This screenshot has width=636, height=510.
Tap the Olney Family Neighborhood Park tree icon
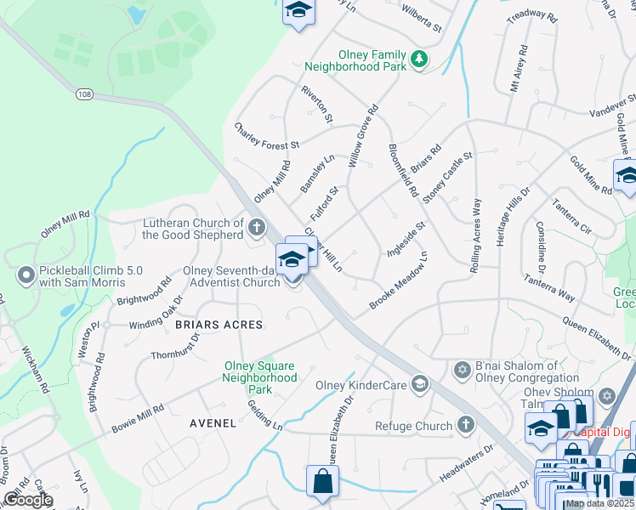click(x=418, y=59)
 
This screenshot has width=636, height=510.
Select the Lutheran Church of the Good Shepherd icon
click(x=256, y=227)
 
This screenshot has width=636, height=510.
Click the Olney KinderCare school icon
click(x=418, y=384)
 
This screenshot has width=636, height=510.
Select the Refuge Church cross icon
click(x=465, y=424)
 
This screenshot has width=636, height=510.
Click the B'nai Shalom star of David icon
click(x=463, y=370)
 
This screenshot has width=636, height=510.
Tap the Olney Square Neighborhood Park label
click(x=260, y=377)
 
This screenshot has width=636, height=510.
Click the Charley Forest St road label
click(x=267, y=135)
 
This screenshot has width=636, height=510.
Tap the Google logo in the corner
click(x=27, y=500)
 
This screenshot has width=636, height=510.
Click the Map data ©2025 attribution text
click(x=599, y=503)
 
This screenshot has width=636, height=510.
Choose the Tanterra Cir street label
click(x=571, y=218)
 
